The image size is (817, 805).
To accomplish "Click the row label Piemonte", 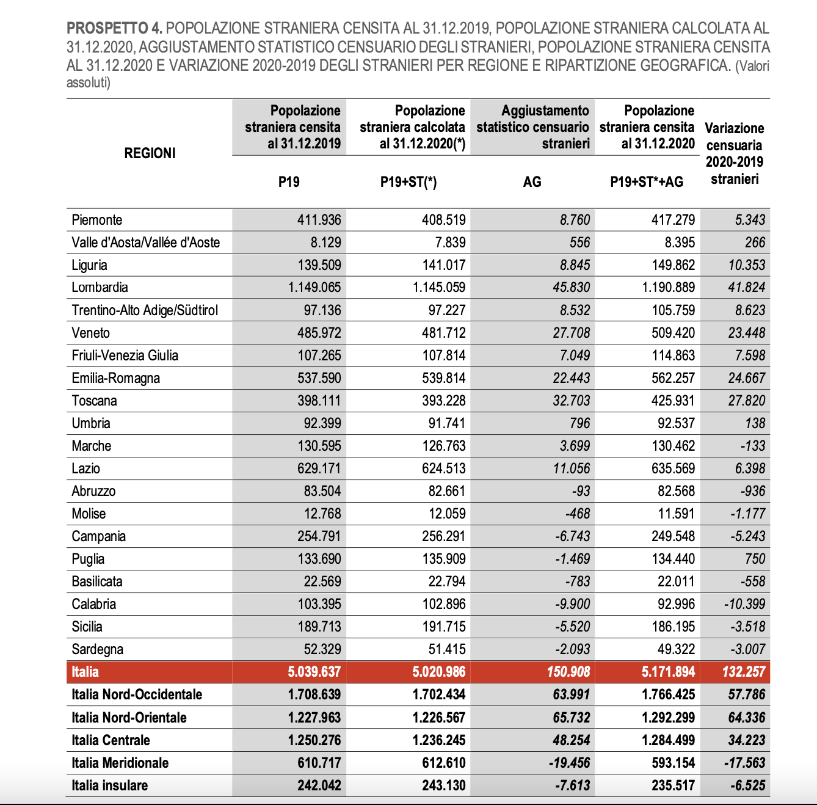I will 97,220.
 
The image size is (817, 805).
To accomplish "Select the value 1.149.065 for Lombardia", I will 314,287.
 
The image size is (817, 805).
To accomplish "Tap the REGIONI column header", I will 150,153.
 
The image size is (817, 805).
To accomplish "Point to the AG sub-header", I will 532,181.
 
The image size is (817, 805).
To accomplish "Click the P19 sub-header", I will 289,181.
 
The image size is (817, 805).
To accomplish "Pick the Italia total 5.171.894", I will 668,672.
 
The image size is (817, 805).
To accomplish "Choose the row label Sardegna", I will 97,649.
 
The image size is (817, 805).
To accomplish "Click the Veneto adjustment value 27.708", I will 572,333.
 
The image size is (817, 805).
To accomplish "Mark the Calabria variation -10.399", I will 744,604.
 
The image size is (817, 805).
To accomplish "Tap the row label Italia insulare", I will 109,785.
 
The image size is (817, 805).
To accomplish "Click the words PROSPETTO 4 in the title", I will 114,28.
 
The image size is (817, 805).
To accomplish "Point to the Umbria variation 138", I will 755,423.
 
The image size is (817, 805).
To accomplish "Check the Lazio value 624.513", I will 443,468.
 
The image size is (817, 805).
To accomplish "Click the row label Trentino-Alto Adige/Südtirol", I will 145,310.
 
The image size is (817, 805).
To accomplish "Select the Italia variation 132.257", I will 743,672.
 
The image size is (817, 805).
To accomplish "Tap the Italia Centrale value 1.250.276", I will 314,740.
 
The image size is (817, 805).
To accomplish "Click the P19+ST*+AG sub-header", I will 647,181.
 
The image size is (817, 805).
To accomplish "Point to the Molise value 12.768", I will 319,514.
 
